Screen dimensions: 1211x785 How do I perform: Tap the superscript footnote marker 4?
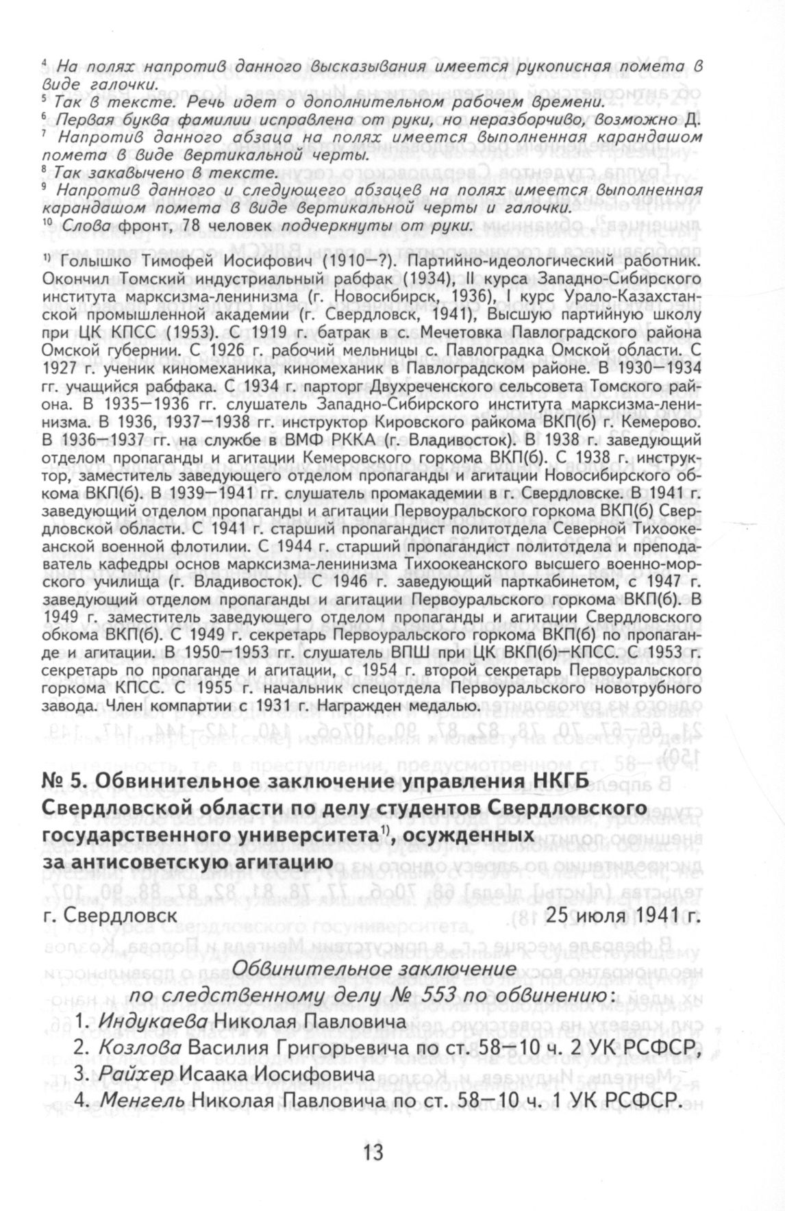[x=44, y=64]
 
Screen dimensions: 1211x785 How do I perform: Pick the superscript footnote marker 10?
[x=47, y=223]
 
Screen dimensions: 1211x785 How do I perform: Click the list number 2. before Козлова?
[x=81, y=1049]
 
